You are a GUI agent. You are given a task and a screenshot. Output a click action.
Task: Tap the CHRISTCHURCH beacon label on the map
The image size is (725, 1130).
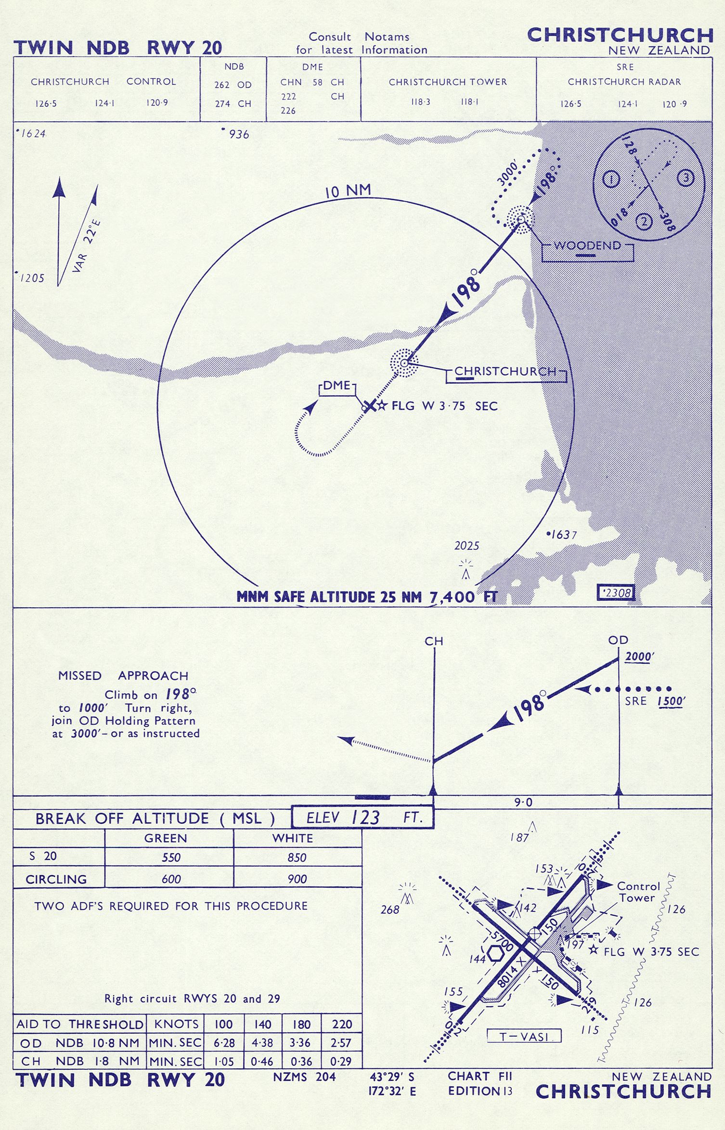(x=505, y=372)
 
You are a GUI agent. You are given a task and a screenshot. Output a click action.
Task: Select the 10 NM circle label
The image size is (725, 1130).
(x=348, y=191)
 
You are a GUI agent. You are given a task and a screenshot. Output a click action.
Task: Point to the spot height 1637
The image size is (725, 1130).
(x=561, y=534)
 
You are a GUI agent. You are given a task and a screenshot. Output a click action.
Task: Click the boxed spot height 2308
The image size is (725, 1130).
(x=616, y=593)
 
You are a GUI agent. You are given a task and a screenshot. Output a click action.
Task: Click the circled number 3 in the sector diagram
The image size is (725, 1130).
(x=686, y=178)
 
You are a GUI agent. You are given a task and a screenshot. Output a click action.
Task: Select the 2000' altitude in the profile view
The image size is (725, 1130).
(x=639, y=657)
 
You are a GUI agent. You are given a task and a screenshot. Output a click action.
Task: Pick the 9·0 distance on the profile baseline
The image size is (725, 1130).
(x=523, y=802)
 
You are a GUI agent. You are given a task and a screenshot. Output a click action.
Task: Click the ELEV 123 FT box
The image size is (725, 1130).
(x=363, y=817)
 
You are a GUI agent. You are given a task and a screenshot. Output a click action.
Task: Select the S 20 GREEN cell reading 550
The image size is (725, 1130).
(x=171, y=857)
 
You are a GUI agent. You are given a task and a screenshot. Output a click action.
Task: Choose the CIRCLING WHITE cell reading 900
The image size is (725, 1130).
(x=297, y=879)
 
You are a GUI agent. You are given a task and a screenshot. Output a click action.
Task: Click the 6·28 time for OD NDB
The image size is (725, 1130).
(x=224, y=1043)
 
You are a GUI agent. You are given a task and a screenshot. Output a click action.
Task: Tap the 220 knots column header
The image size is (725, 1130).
(x=342, y=1024)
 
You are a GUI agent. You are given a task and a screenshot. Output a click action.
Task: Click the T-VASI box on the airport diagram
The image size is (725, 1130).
(x=524, y=1036)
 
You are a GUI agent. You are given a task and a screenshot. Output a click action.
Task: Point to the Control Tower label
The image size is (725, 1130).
(x=638, y=892)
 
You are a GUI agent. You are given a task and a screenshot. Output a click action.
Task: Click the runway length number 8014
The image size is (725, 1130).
(x=507, y=977)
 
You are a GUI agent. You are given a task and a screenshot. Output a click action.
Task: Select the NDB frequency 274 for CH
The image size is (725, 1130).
(x=222, y=104)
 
